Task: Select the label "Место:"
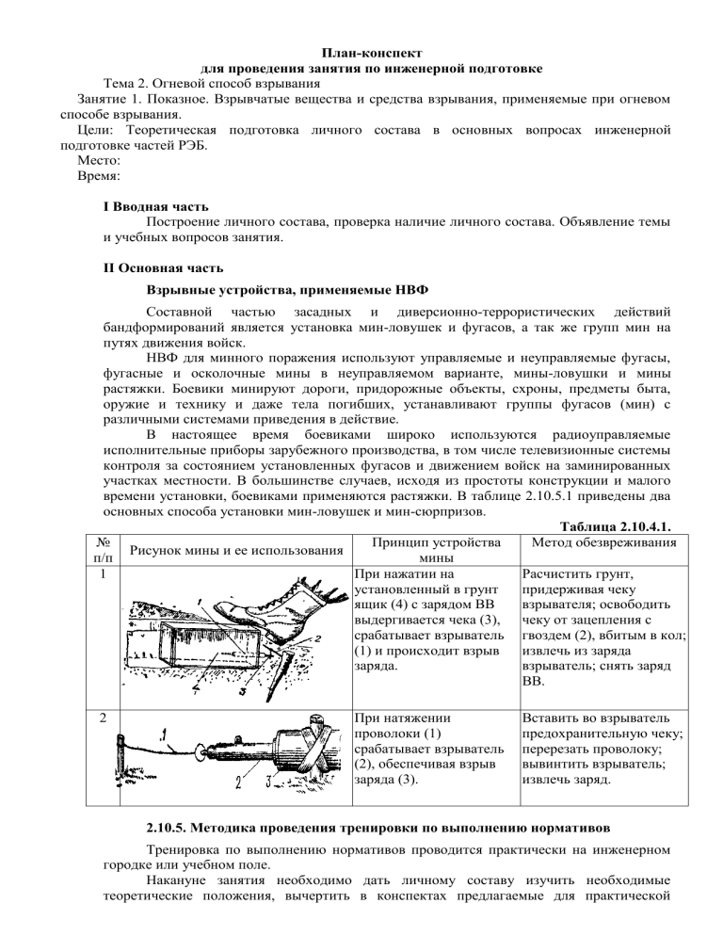point(79,161)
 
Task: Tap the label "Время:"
point(80,176)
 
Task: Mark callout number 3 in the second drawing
point(267,781)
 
